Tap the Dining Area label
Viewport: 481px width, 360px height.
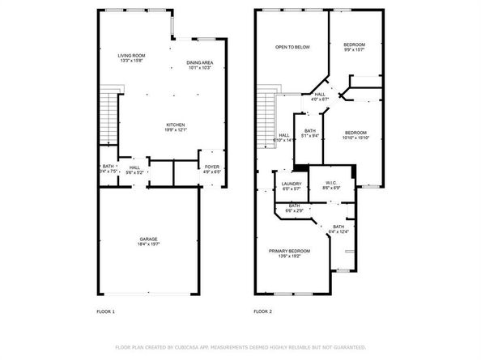[199, 65]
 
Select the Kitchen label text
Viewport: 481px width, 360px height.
[176, 127]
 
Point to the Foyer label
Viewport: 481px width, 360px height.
[211, 171]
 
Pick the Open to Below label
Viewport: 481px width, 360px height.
[292, 47]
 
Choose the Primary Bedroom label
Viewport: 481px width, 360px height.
[290, 253]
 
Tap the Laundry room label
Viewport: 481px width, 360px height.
[292, 186]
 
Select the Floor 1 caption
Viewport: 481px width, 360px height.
[106, 311]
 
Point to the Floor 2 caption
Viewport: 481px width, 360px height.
[263, 311]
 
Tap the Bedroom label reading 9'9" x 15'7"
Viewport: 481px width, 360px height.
[353, 47]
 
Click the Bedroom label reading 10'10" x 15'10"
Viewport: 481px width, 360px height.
[355, 135]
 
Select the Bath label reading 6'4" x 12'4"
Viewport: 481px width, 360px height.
[338, 229]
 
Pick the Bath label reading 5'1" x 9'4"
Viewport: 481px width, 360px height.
[310, 133]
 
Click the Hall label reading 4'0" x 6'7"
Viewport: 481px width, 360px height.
[320, 97]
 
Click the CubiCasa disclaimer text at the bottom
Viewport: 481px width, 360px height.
[240, 346]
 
